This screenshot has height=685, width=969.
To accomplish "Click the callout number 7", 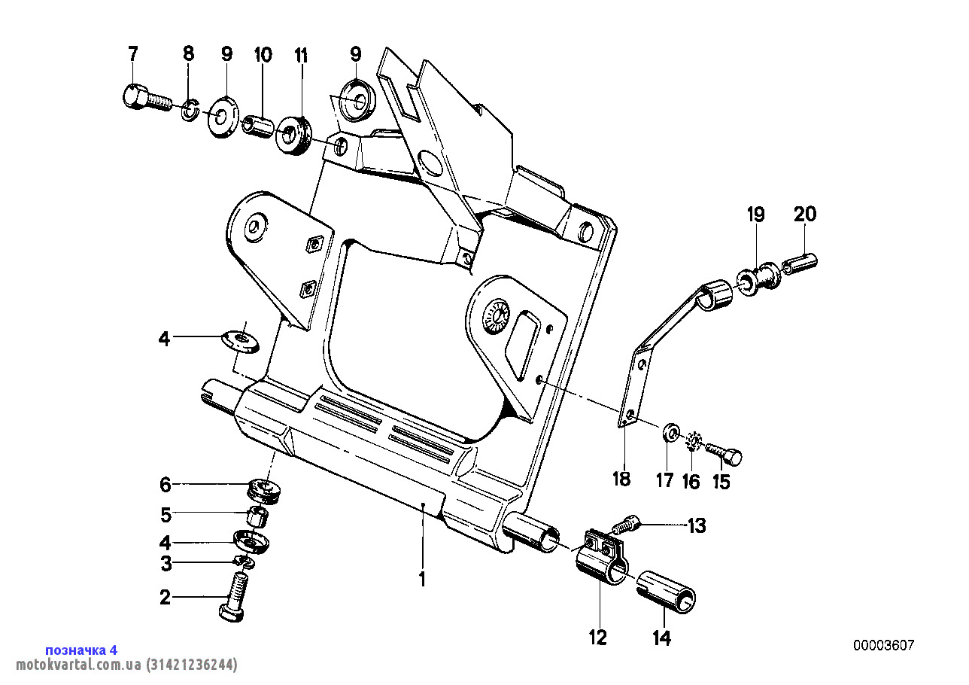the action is pos(133,54).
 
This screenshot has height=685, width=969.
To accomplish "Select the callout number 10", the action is pos(263,55).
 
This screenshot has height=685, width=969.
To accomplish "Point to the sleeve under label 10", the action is pos(257,126).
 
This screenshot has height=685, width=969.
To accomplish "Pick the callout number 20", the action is pos(805,215).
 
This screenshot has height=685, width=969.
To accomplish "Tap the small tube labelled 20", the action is pos(800,263).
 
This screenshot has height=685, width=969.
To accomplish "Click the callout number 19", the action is pos(756,215).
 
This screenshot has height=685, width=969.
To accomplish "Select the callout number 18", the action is pos(621,479).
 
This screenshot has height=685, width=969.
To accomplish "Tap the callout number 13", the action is pos(697,525).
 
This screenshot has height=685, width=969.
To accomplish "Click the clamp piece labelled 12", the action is pos(601,562).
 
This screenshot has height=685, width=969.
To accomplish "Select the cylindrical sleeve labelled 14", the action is pos(667,592).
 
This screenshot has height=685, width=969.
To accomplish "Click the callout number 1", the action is pos(423,579).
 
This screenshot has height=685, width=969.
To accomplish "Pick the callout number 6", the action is pos(166,485).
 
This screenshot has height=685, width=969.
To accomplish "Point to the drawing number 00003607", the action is pos(884,645).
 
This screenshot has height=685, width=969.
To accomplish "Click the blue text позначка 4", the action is pos(81,650).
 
